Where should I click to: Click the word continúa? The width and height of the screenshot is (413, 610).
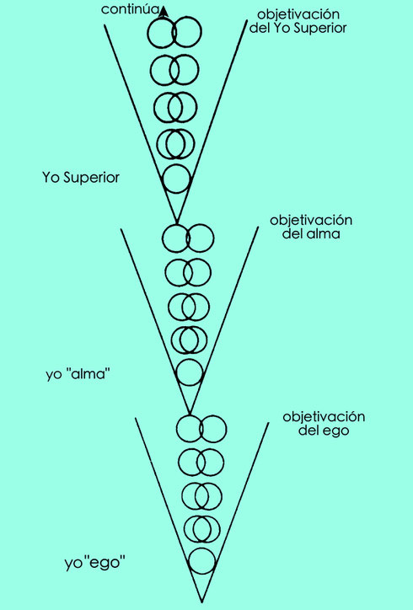point(131,9)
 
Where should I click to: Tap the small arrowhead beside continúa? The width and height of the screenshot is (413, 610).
point(164,13)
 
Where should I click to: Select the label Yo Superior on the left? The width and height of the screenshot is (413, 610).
point(81,178)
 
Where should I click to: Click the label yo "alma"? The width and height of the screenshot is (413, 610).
point(78,374)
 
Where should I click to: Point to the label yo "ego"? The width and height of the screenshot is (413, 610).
point(95,563)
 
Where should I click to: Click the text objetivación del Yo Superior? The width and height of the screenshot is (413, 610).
point(298,21)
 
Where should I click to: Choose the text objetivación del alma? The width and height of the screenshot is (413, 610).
point(311,227)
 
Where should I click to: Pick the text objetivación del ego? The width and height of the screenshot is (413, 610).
point(324,423)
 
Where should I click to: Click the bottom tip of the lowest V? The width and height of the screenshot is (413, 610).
point(201,602)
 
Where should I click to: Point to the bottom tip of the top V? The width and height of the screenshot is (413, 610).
point(176,222)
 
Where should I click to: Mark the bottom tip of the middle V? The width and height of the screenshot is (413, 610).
point(190,414)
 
